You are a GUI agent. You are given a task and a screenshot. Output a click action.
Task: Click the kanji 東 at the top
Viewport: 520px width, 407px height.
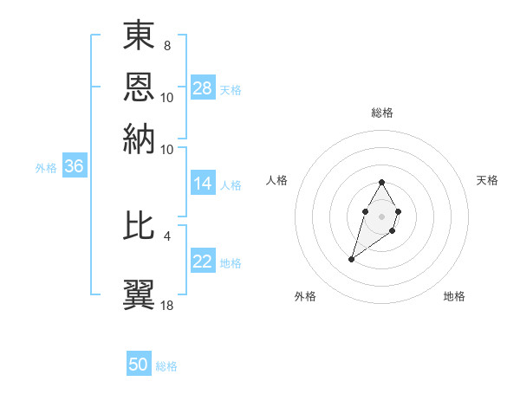click(139, 37)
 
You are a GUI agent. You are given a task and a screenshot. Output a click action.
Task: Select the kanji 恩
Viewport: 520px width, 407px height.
click(139, 88)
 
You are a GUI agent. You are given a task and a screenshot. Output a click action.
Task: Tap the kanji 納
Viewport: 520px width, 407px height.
click(139, 139)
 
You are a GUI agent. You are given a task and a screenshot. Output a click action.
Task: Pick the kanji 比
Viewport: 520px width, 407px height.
click(139, 227)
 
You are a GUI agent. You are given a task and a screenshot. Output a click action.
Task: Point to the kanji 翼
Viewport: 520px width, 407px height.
click(139, 292)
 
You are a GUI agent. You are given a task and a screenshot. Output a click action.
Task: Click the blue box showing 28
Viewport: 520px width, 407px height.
click(203, 88)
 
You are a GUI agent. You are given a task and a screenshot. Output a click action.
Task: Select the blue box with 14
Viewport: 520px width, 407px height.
click(203, 184)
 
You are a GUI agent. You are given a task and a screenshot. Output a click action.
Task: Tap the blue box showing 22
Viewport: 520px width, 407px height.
click(203, 262)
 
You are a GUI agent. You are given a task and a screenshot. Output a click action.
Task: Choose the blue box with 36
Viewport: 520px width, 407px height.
click(74, 168)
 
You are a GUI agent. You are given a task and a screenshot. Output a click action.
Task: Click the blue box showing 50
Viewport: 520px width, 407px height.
click(139, 365)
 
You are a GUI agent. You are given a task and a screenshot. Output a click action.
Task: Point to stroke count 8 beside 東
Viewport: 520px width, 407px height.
click(166, 46)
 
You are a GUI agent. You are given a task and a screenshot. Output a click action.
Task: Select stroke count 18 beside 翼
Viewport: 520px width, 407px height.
click(167, 305)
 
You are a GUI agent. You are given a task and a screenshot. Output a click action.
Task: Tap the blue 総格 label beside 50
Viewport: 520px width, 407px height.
click(166, 366)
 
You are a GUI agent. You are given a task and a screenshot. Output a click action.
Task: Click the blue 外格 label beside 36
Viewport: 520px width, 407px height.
click(46, 169)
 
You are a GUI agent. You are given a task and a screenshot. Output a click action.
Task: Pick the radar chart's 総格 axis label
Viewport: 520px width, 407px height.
click(382, 113)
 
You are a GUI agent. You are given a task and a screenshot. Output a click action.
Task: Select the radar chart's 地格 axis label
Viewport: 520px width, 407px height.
click(454, 297)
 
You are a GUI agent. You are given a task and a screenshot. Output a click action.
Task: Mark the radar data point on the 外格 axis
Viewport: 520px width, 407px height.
click(351, 259)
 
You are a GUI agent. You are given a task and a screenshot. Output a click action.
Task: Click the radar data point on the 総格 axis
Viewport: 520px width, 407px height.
click(382, 182)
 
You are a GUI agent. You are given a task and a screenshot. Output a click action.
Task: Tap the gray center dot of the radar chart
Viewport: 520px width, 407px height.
click(382, 215)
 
